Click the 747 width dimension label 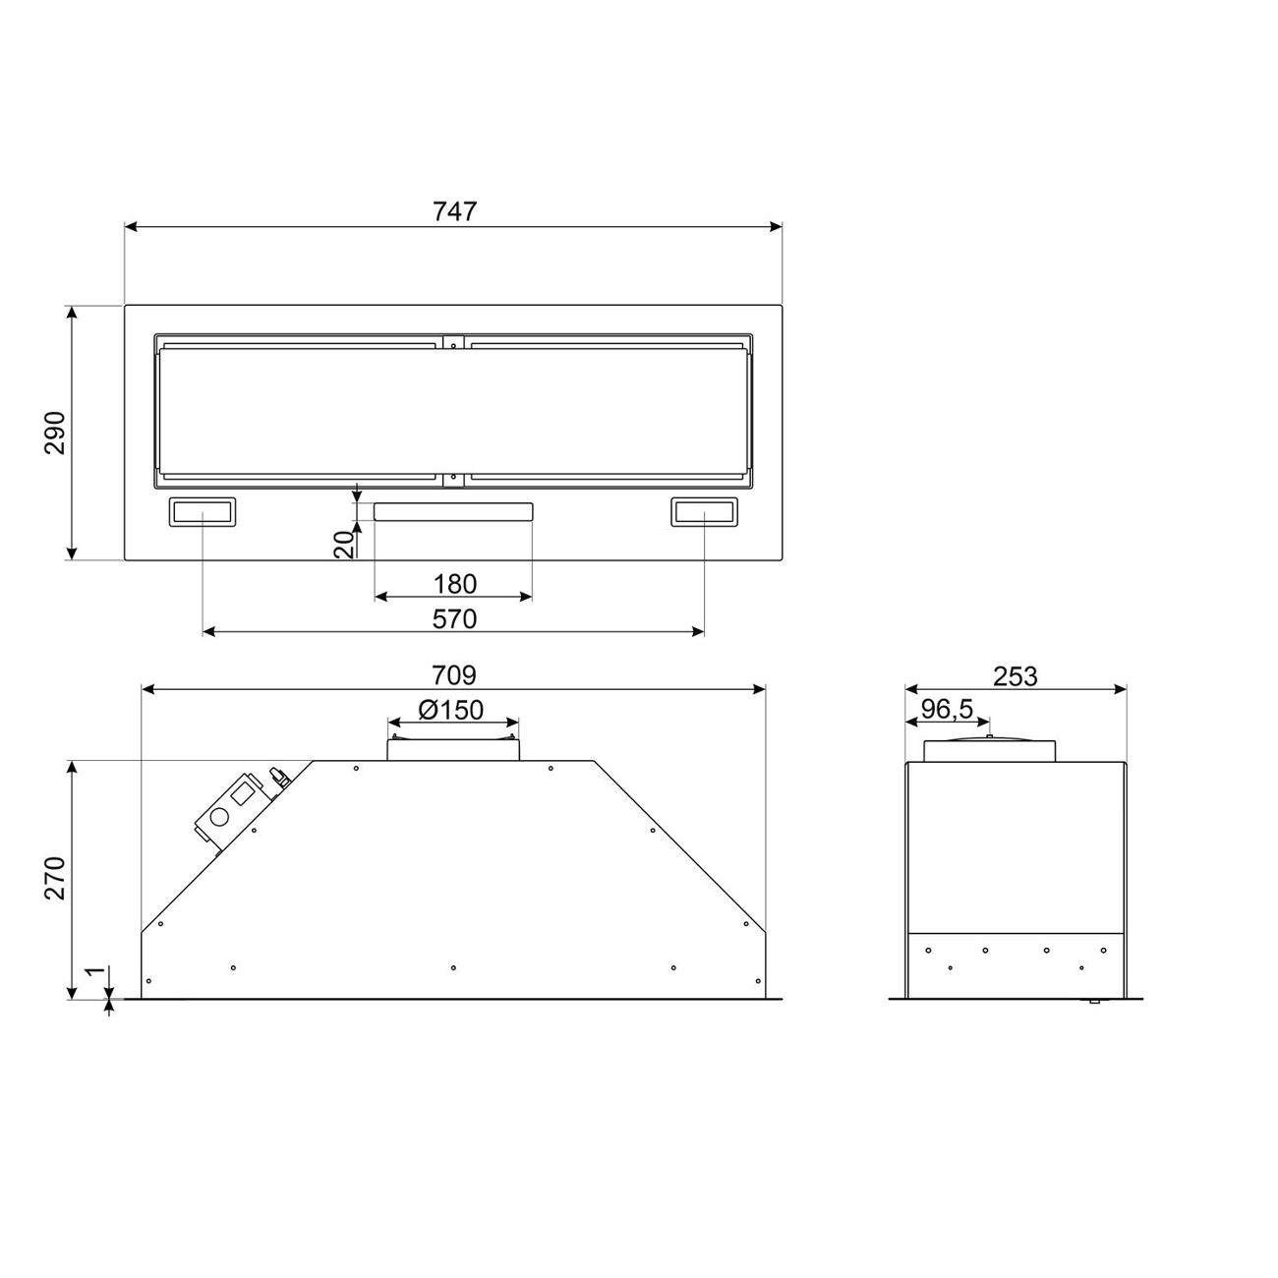tap(454, 211)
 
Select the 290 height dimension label tap(55, 434)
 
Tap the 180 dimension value tap(454, 584)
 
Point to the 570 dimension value tap(454, 619)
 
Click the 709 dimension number tap(454, 675)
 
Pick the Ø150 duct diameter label tap(451, 711)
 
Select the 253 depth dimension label tap(1016, 676)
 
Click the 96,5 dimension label tap(947, 709)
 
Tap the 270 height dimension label tap(55, 878)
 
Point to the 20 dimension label tap(343, 545)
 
